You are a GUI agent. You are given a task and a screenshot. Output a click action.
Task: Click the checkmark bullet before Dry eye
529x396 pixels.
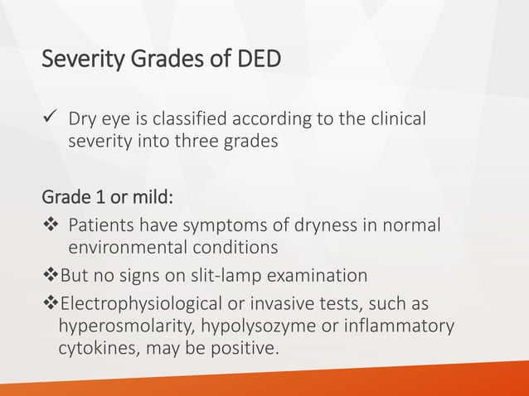click(x=51, y=120)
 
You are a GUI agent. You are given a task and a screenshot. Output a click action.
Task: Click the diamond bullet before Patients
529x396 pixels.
click(x=52, y=225)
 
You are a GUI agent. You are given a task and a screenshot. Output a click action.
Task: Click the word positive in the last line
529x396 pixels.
click(x=242, y=348)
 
